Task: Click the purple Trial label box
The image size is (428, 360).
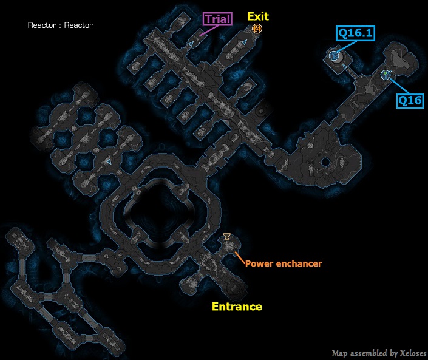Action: pyautogui.click(x=217, y=19)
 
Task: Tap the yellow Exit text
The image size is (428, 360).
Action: pyautogui.click(x=257, y=16)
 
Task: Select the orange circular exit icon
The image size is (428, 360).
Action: pyautogui.click(x=257, y=29)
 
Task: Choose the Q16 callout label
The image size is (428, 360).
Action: pyautogui.click(x=410, y=100)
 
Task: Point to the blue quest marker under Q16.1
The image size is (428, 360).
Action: pyautogui.click(x=333, y=56)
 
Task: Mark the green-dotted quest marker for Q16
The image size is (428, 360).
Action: pyautogui.click(x=384, y=75)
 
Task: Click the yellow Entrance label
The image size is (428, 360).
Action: pyautogui.click(x=237, y=307)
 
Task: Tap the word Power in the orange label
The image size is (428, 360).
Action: pyautogui.click(x=257, y=263)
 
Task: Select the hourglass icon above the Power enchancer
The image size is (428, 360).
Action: pyautogui.click(x=227, y=236)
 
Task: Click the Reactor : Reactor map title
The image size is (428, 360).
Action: pyautogui.click(x=60, y=25)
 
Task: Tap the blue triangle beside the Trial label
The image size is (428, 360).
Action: pyautogui.click(x=191, y=44)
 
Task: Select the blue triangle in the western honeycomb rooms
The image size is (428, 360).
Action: pyautogui.click(x=108, y=163)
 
